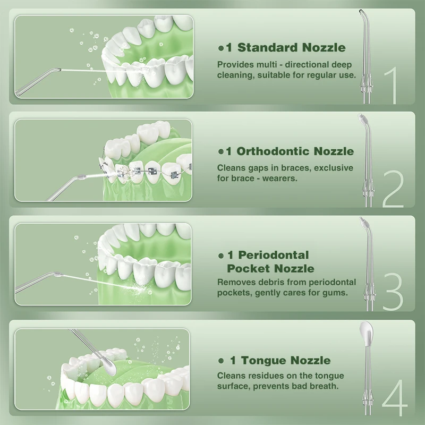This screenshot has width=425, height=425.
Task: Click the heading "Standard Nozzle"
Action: (291, 48)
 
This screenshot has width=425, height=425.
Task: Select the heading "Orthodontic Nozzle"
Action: (295, 151)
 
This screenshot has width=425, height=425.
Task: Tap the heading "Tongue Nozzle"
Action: (286, 361)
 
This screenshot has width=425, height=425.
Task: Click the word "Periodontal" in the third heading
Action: (274, 255)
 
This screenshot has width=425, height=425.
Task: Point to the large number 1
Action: (391, 86)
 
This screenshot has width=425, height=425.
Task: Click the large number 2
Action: (393, 189)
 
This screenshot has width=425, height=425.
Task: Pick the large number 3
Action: (393, 292)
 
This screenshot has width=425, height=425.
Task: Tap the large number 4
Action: (395, 397)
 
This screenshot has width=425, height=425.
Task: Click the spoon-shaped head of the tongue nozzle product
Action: (367, 333)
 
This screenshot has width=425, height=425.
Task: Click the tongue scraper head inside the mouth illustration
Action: (108, 366)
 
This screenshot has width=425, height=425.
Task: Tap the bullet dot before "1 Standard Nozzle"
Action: (221, 48)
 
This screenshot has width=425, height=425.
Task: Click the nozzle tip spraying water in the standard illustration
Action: (57, 70)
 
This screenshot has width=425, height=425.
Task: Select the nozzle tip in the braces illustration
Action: (82, 177)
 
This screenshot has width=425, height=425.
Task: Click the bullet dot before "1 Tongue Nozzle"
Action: (221, 361)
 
